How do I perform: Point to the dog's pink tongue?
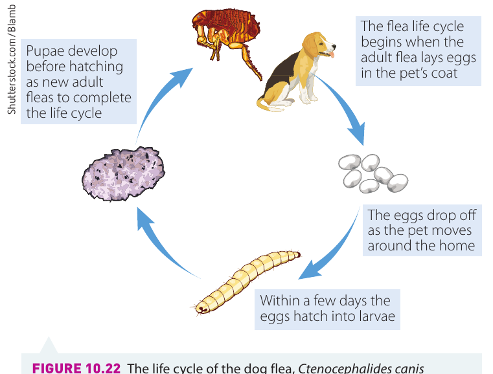[332, 55]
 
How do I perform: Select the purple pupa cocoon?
[123, 173]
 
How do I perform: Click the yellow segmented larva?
[246, 281]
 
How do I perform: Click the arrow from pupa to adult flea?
[157, 100]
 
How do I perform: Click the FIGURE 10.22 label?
[76, 368]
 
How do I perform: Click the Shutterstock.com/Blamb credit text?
[12, 60]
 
